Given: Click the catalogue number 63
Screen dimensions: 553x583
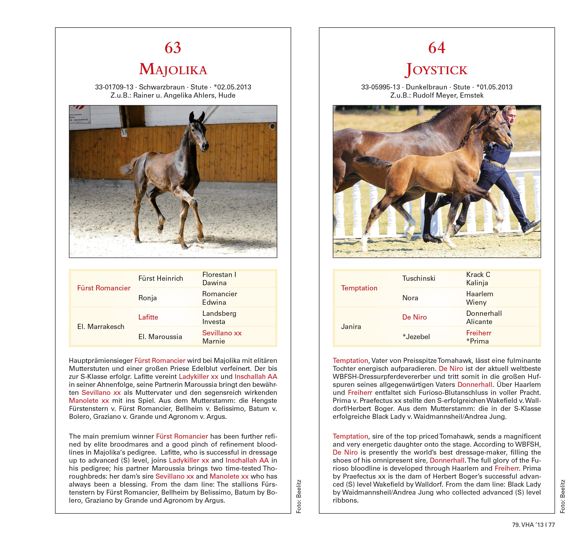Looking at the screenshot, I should (x=173, y=48).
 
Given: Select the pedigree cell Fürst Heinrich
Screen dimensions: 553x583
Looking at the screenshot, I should (x=161, y=278).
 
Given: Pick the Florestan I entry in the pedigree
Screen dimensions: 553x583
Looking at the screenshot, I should (x=219, y=274).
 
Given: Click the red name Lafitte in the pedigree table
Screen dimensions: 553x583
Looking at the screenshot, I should (x=148, y=317).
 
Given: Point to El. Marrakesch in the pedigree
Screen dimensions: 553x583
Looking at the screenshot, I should (x=101, y=327).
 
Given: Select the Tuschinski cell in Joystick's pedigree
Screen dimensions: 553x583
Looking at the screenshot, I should (x=419, y=278).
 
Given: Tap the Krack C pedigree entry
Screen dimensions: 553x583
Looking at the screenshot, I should (x=478, y=274).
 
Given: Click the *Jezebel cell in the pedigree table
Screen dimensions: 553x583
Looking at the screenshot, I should (x=416, y=337).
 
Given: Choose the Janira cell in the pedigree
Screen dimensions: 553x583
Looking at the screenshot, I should (x=351, y=327).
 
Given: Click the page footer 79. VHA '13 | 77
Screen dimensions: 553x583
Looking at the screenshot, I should (x=533, y=525).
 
